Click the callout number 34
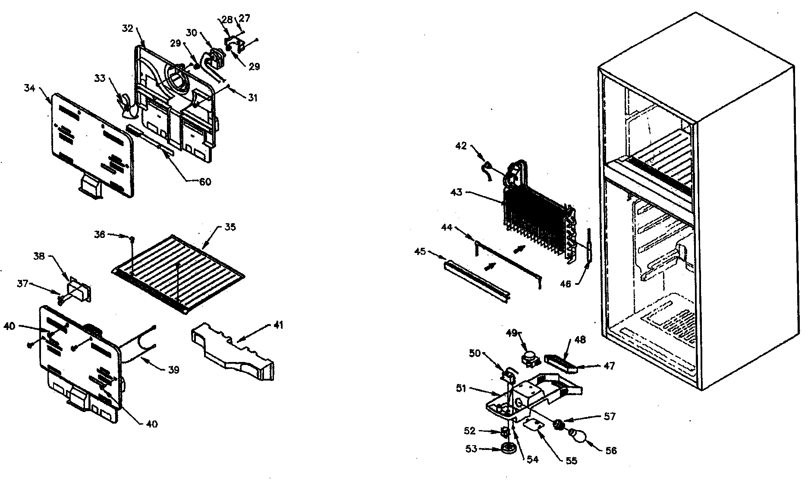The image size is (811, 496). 29,89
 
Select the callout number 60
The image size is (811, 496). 205,182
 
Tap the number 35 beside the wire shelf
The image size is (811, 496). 230,227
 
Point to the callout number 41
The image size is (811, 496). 279,325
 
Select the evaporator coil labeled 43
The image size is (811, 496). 535,220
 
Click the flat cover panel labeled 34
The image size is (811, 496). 91,142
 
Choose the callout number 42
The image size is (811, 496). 461,146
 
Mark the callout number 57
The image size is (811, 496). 610,417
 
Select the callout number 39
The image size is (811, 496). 173,370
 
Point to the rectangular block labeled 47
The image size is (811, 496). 561,363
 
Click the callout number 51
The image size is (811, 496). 461,388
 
